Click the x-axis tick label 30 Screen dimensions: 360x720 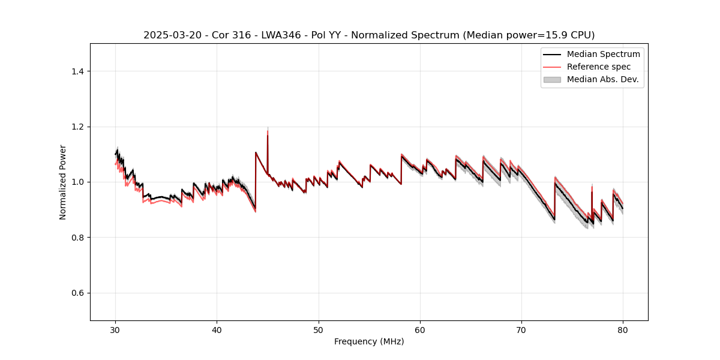115,329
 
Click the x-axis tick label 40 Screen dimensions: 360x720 217,329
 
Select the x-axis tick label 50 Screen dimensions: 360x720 319,329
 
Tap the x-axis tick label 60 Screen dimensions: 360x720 420,329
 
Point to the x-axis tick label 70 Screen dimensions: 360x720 521,329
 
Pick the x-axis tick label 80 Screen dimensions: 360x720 623,329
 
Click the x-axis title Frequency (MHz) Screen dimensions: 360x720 369,341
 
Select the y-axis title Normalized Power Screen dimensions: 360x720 63,182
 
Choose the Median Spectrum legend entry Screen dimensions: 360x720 603,54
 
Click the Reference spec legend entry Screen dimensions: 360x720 598,67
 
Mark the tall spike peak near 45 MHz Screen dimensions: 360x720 268,129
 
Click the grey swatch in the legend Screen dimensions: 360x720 551,79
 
